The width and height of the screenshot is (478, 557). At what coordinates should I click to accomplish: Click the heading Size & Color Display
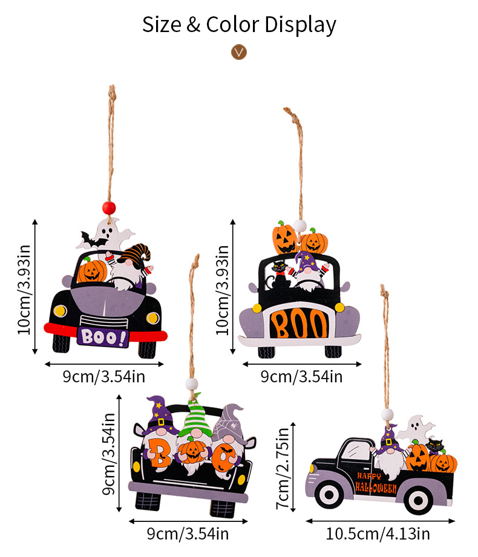point(239,25)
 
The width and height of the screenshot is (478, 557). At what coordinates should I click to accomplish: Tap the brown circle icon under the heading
point(240,51)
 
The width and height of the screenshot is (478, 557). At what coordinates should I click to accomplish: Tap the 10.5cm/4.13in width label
point(378,534)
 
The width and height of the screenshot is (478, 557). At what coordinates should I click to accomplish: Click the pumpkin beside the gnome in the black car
point(92,271)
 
